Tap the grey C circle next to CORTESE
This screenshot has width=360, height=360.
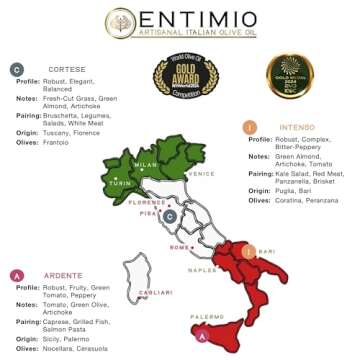pos(17,70)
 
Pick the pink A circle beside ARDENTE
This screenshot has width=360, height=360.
pos(16,275)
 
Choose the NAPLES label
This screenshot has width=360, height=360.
pos(202,270)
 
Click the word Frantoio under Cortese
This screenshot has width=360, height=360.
pos(63,143)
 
